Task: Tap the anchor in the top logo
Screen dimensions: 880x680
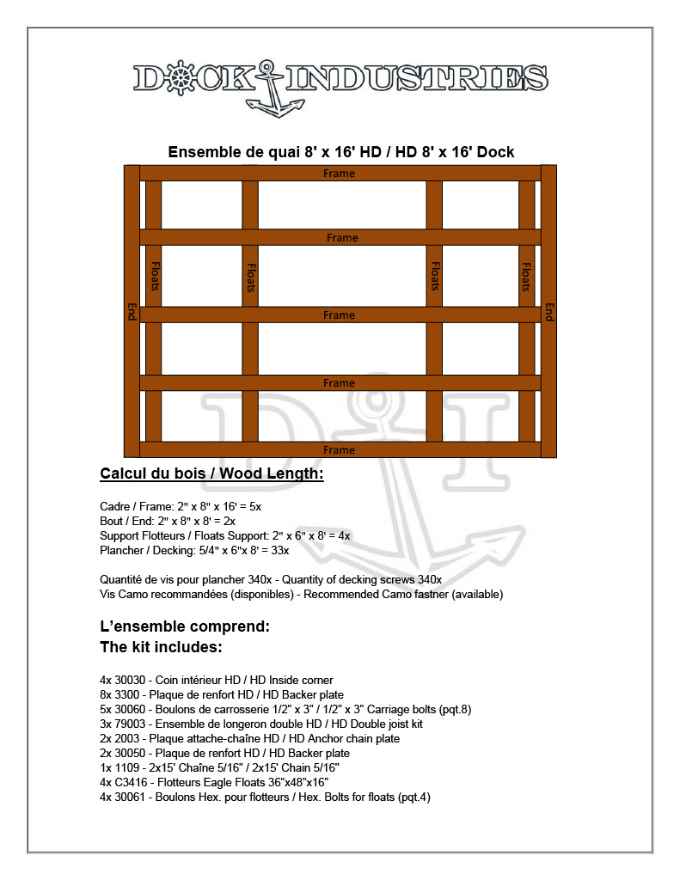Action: pos(274,89)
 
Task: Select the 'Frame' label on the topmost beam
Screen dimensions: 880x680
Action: pos(339,174)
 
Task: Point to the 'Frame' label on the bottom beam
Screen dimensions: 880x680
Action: pos(339,449)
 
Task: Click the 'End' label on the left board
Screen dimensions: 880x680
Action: pos(132,312)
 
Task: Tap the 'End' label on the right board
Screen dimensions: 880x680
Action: pos(548,312)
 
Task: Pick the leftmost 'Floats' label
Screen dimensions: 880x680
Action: pos(155,277)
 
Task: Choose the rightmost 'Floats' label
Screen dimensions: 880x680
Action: pos(526,277)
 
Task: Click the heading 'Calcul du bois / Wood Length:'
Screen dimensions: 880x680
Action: pos(211,474)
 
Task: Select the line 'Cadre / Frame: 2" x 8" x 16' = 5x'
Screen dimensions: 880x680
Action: pos(181,507)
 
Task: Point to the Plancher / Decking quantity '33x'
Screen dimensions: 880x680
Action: pos(279,550)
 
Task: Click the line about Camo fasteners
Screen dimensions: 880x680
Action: pos(301,594)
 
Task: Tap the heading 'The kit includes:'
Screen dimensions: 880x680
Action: pos(161,646)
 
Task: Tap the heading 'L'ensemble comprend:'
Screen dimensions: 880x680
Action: pos(185,626)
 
